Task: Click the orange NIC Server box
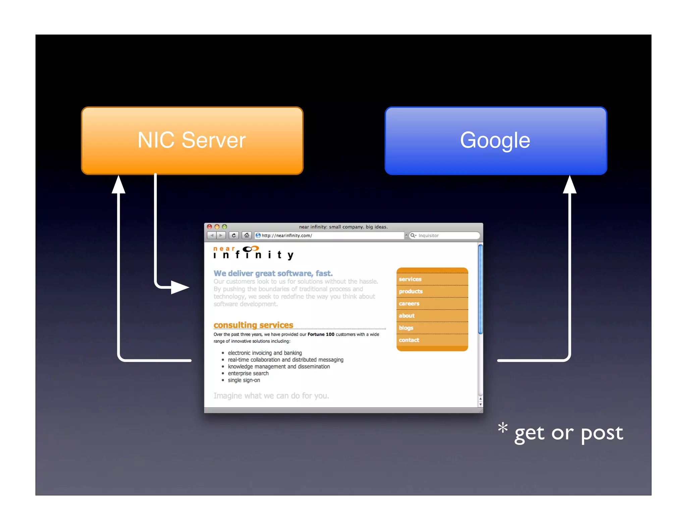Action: [192, 140]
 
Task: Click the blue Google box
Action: [495, 140]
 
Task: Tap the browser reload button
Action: [234, 235]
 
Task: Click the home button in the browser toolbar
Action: [247, 235]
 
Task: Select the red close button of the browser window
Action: [210, 227]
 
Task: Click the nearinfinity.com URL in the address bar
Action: [287, 236]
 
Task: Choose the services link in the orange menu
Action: [410, 279]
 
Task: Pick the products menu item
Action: [411, 291]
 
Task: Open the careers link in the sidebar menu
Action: [409, 304]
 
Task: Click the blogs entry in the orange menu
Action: [406, 328]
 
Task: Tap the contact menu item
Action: [409, 340]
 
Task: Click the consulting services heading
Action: [253, 325]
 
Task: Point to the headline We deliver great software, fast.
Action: [273, 273]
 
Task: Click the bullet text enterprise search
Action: [248, 373]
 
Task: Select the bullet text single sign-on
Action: [244, 380]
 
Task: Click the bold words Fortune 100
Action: [321, 334]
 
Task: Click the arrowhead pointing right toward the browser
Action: [180, 287]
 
